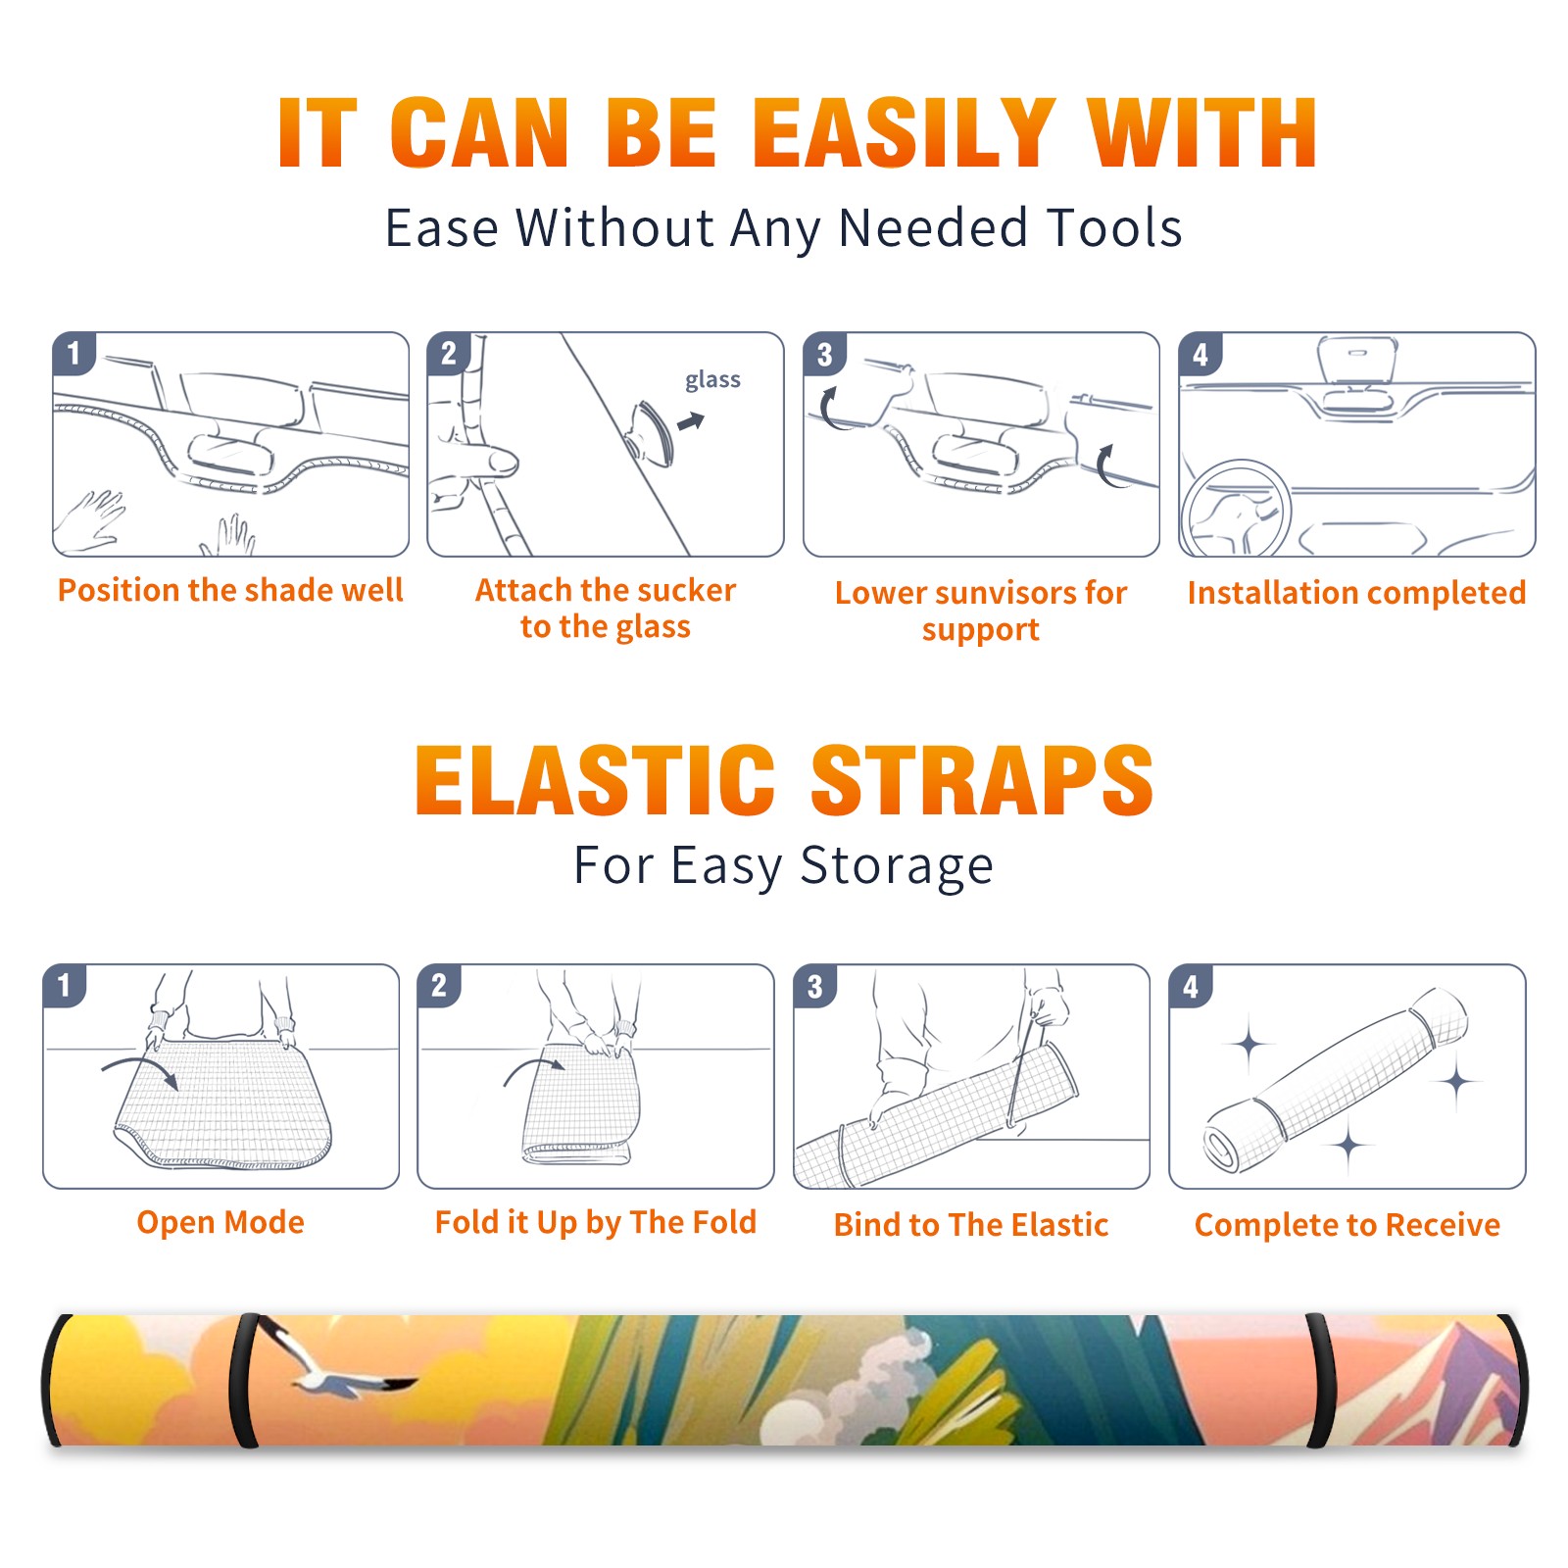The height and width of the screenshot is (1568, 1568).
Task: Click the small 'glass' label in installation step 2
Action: point(712,380)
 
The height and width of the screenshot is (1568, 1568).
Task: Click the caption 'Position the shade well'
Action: point(230,590)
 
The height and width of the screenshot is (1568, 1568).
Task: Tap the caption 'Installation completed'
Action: point(1356,593)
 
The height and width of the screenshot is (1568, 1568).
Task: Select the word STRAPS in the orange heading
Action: point(982,780)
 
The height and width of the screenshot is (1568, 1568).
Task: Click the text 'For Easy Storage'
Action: point(783,866)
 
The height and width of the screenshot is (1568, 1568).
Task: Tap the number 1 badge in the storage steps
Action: point(65,985)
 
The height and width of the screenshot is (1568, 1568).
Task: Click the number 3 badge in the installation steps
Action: point(824,354)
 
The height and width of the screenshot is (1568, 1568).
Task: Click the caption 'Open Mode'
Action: point(220,1222)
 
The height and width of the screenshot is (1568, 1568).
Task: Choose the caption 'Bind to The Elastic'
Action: point(971,1225)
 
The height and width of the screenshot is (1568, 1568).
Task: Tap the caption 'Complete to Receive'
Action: point(1347,1225)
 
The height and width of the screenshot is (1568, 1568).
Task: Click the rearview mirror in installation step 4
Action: point(1356,363)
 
